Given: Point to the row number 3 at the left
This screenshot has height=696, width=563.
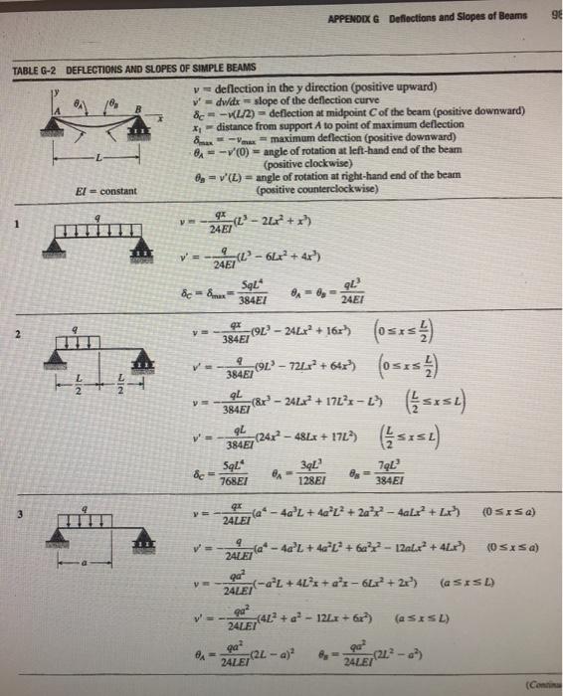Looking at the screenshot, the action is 16,513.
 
